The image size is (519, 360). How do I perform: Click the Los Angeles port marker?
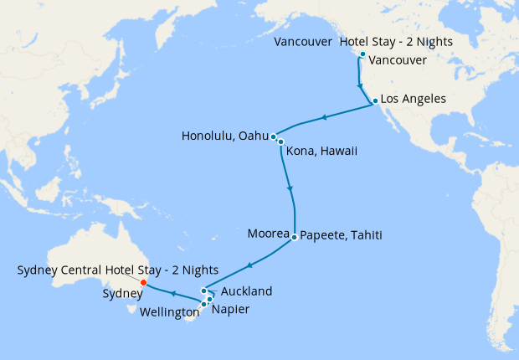coord(375,100)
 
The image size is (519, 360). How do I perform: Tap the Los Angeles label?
coord(413,100)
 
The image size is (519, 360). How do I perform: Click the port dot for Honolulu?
coord(274,136)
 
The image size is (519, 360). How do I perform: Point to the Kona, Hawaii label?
coord(321,152)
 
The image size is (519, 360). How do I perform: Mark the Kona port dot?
coord(280,142)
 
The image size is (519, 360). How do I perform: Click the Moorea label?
coord(269,234)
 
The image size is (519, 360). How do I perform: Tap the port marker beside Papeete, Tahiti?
coord(295,238)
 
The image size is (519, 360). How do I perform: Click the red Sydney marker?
coord(143,282)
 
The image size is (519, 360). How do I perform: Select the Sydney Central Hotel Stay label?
coord(117,270)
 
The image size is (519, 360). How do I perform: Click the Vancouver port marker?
coord(362,54)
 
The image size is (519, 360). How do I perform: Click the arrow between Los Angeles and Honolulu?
coord(324,117)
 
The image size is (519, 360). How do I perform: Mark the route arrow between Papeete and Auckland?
coord(249,265)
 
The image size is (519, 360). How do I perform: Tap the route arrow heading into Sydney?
coord(172,294)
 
